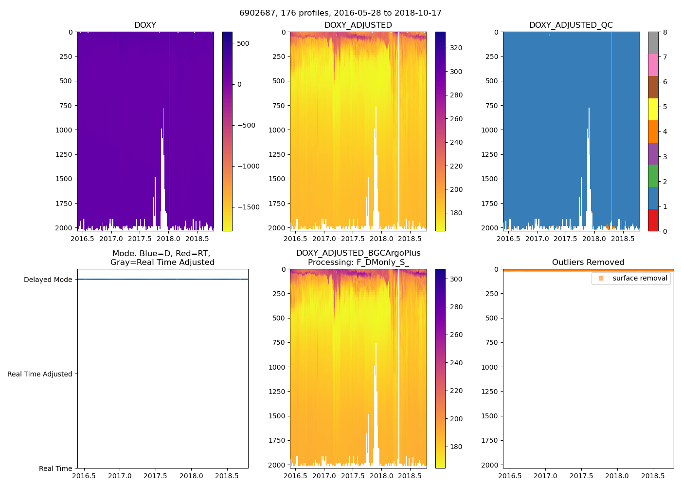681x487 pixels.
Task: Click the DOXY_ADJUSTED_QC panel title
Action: [571, 25]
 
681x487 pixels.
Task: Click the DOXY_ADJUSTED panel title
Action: [358, 25]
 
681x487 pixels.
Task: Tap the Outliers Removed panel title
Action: [588, 262]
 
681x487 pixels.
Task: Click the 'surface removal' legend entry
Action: [640, 278]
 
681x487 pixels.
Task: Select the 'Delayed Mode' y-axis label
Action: [48, 280]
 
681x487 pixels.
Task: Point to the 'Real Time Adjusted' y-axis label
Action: [39, 374]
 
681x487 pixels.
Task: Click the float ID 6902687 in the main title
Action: [255, 13]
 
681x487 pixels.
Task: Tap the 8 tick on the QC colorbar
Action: [665, 32]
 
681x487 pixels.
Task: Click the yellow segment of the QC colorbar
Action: [653, 109]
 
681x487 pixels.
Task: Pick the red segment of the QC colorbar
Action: [653, 220]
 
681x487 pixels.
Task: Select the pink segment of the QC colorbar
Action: [653, 65]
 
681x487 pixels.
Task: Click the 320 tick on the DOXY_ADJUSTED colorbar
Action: [456, 48]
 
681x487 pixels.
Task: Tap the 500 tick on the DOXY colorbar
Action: [243, 43]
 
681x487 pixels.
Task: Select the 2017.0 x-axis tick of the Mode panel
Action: [120, 476]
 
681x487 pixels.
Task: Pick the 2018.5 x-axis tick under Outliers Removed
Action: [653, 476]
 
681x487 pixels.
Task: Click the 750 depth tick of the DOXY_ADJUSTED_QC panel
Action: [491, 106]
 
